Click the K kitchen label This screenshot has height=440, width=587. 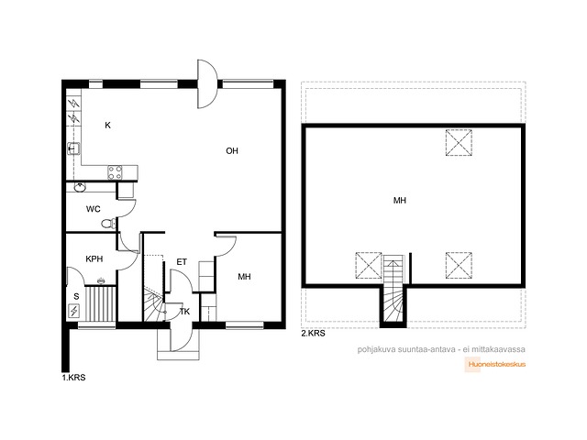pyautogui.click(x=108, y=126)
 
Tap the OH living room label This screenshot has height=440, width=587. pyautogui.click(x=232, y=150)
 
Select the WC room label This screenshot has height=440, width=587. pyautogui.click(x=94, y=209)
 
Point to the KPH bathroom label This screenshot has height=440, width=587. pyautogui.click(x=94, y=258)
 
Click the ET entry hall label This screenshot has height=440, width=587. pyautogui.click(x=182, y=262)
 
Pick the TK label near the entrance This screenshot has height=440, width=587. pyautogui.click(x=185, y=312)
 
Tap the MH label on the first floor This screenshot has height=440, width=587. pyautogui.click(x=245, y=277)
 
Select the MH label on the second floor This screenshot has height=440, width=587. pyautogui.click(x=400, y=201)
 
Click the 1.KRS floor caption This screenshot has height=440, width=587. pyautogui.click(x=73, y=378)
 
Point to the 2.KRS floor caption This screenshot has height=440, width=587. pyautogui.click(x=314, y=334)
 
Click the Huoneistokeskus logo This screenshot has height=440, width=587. pyautogui.click(x=495, y=365)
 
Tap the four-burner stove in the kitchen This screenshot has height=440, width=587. pyautogui.click(x=115, y=172)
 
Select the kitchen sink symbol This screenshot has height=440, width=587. pyautogui.click(x=73, y=148)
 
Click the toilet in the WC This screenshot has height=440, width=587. pyautogui.click(x=108, y=224)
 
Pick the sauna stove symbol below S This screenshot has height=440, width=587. pyautogui.click(x=74, y=311)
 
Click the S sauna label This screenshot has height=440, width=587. pyautogui.click(x=76, y=297)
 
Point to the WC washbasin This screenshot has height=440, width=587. pyautogui.click(x=80, y=187)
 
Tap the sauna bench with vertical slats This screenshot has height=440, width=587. pyautogui.click(x=100, y=303)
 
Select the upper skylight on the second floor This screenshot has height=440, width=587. pyautogui.click(x=459, y=143)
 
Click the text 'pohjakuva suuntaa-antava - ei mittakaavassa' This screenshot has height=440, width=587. pyautogui.click(x=441, y=349)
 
